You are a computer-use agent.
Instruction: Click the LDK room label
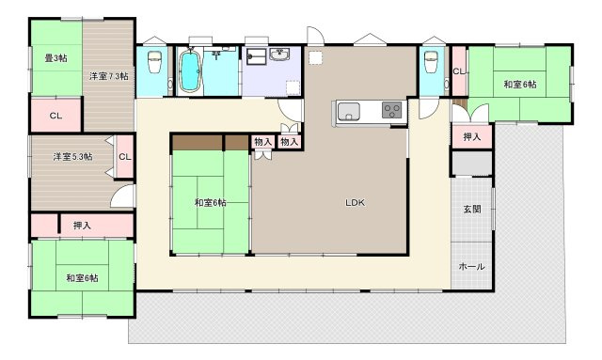(355, 203)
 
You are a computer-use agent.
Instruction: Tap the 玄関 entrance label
(472, 210)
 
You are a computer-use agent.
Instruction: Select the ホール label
(471, 266)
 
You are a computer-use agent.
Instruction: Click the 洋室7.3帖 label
(109, 76)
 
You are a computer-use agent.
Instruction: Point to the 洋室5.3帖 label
(72, 157)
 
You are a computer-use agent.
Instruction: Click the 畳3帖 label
(56, 58)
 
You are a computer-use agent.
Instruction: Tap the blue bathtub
(190, 71)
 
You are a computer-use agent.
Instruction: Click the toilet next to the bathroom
(154, 61)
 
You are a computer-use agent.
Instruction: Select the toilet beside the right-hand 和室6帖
(431, 61)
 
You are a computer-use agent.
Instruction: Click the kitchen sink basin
(348, 112)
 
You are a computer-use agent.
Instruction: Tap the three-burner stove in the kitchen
(391, 110)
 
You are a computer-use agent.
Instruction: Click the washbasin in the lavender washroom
(280, 55)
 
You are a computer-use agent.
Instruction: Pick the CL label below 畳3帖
(56, 116)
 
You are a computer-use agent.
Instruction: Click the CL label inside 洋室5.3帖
(125, 157)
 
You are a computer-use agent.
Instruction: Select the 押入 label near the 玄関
(472, 136)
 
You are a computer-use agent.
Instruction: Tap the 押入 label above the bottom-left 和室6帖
(82, 226)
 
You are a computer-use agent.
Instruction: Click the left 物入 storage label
(263, 142)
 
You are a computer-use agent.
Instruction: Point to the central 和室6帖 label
(211, 203)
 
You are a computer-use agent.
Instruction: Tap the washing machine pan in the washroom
(256, 55)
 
